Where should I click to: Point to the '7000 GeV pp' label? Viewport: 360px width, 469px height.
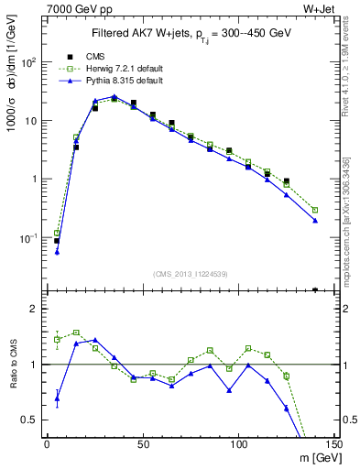point(71,8)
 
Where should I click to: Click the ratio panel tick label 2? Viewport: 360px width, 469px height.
point(32,310)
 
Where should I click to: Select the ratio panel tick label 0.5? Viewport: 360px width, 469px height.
point(29,420)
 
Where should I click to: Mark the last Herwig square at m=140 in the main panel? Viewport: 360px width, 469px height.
point(315,210)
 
